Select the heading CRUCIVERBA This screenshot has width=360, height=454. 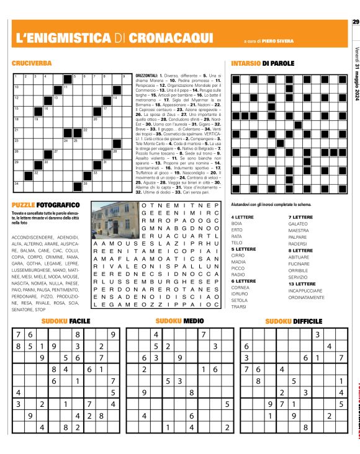click(31, 63)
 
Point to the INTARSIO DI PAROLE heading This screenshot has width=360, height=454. click(263, 63)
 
